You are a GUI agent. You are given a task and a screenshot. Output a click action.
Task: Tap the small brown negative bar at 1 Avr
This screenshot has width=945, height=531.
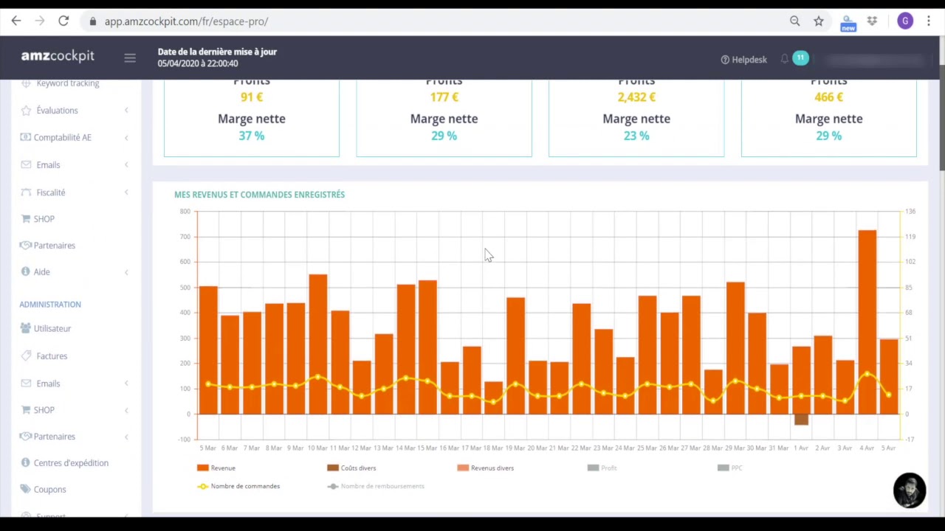801,420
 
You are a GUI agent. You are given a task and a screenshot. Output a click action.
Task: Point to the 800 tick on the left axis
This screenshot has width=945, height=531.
185,212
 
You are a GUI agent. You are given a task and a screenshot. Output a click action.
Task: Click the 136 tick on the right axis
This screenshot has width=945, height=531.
910,212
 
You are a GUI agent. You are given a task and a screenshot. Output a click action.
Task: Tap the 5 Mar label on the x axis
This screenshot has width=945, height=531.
207,448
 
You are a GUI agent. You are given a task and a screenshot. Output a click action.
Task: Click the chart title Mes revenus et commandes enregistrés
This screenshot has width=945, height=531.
259,195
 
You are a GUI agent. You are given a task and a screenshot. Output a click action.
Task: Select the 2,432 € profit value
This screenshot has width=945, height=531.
636,97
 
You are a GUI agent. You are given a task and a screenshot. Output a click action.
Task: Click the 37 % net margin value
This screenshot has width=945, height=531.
251,136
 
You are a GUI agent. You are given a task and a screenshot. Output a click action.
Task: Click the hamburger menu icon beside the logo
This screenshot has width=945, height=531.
130,58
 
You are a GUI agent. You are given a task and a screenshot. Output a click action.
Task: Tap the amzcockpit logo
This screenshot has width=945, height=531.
58,56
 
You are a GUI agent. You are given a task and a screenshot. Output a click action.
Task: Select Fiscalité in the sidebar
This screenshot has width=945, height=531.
51,192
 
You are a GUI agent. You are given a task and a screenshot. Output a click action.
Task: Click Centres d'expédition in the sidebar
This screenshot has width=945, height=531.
71,463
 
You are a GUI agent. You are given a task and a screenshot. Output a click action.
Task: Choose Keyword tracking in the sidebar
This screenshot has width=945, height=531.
67,83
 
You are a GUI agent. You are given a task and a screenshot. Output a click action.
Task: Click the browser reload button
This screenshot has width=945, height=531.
63,21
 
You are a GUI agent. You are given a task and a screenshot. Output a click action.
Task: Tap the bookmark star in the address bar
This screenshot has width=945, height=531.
818,21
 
